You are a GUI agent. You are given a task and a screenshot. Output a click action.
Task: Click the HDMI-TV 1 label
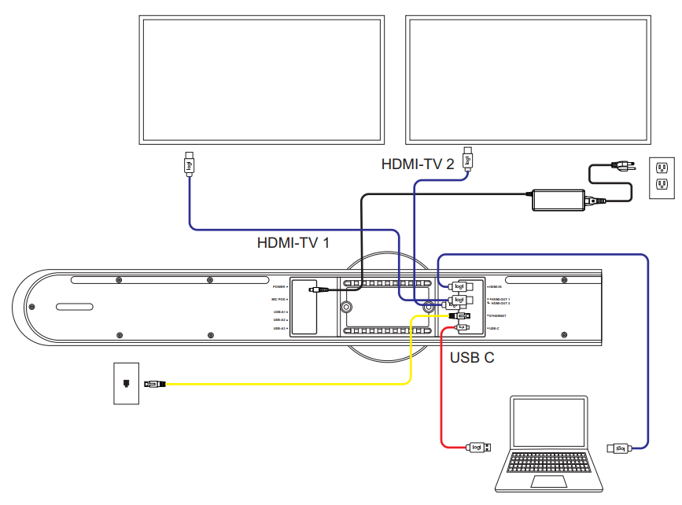pos(293,243)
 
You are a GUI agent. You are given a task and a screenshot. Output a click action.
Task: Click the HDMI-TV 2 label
pos(418,164)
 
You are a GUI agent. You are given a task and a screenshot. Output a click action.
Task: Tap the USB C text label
pos(472,358)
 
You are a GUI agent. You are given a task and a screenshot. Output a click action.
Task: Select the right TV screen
pos(529,78)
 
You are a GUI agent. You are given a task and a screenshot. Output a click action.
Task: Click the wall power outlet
pos(662,177)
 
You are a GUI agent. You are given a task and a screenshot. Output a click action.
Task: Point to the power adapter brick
pos(559,199)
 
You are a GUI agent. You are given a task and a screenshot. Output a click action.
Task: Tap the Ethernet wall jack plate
pos(126,383)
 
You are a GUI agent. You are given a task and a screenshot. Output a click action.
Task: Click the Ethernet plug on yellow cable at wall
pos(155,384)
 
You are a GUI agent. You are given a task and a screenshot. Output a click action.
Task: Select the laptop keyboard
pos(548,463)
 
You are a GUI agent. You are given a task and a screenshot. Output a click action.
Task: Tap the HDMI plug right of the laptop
pos(619,448)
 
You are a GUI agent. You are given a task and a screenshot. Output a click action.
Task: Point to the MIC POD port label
pos(278,300)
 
